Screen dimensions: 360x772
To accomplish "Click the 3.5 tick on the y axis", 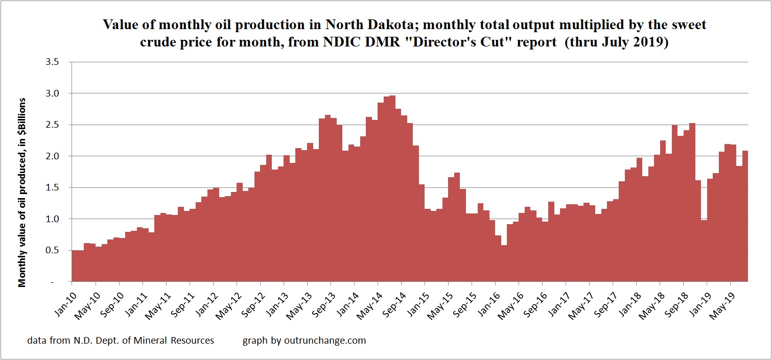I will click(53, 62).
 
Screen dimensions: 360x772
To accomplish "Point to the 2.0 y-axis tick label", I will click(53, 156).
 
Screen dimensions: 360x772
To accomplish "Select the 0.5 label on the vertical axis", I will click(53, 250).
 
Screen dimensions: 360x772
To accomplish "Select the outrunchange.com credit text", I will click(305, 340).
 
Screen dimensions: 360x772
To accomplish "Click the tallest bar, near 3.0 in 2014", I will click(392, 189).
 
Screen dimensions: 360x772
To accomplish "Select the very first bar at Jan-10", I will click(75, 266).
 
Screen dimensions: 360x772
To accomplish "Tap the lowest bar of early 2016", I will click(504, 263).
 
